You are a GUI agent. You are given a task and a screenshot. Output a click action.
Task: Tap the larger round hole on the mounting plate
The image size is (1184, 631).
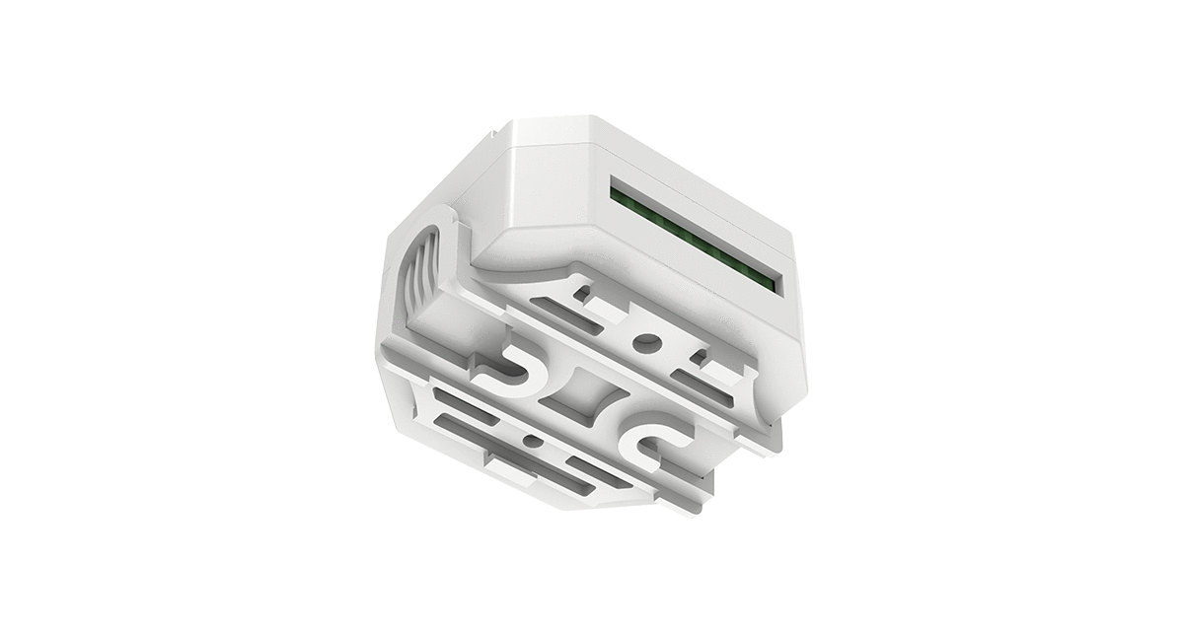pyautogui.click(x=648, y=342)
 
